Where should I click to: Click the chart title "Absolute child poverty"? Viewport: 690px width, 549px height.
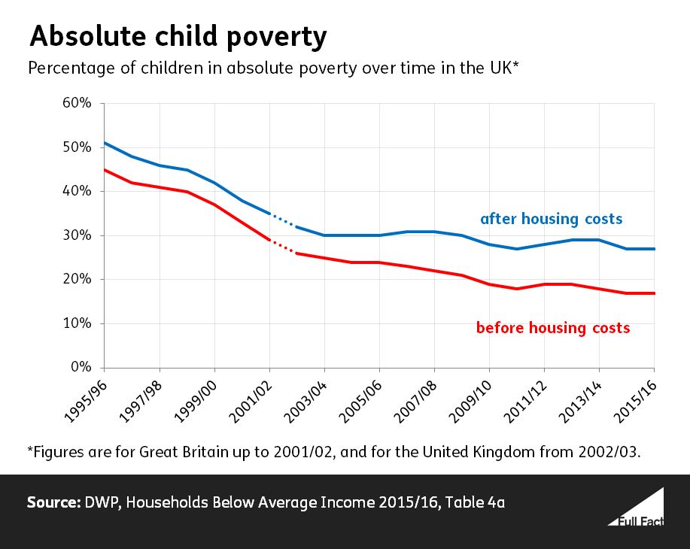pos(178,36)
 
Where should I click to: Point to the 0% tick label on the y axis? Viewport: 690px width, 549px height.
pos(81,368)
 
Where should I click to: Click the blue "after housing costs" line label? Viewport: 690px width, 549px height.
pos(551,219)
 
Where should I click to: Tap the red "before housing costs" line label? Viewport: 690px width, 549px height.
pos(552,328)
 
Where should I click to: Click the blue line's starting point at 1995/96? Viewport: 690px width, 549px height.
pos(105,143)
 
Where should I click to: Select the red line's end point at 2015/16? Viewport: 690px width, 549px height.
pos(653,293)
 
